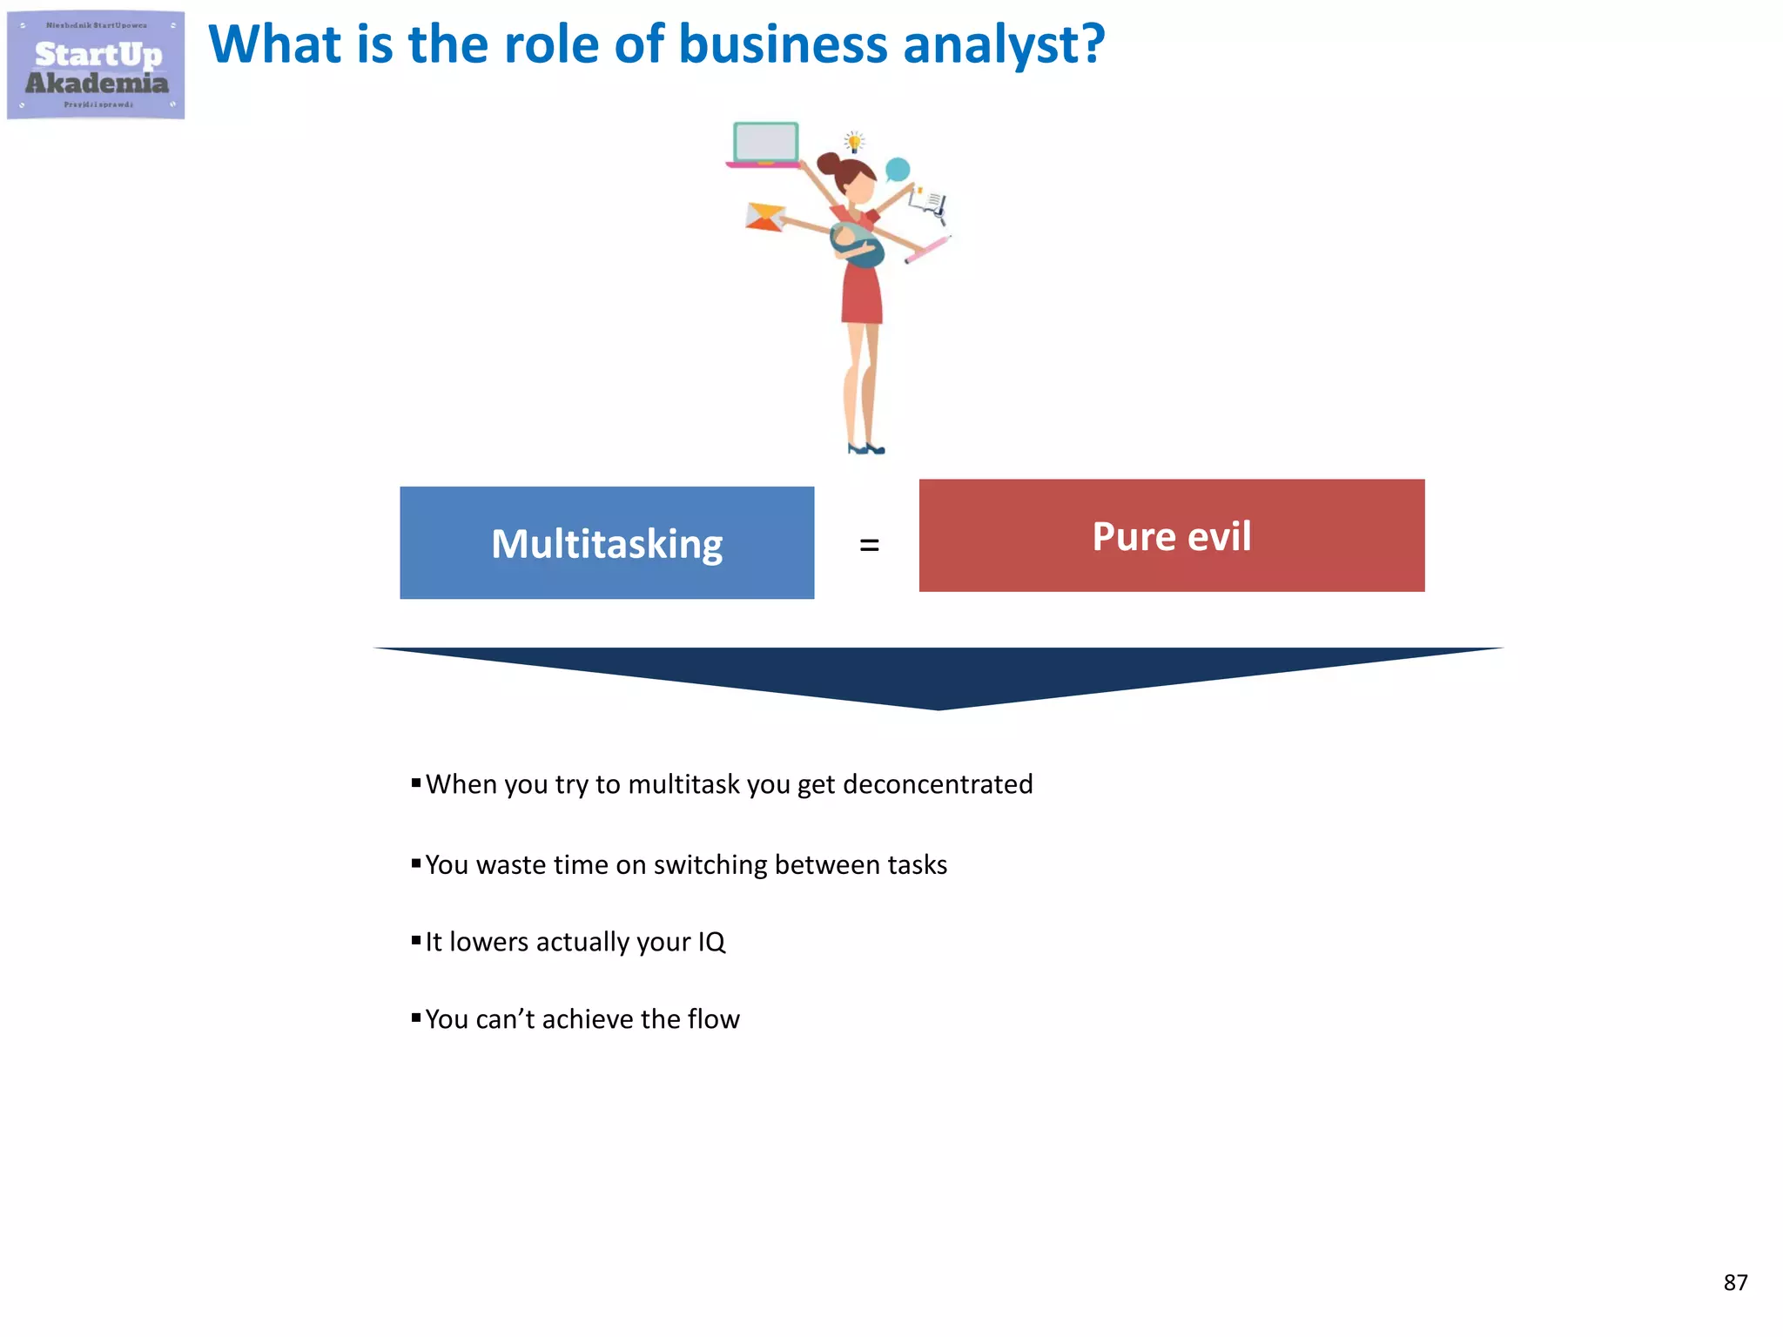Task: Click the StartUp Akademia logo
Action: click(x=96, y=65)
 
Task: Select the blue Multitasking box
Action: click(x=607, y=543)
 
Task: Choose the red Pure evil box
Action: click(x=1171, y=535)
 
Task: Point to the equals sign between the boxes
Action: click(x=869, y=546)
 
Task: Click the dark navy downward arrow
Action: click(x=938, y=675)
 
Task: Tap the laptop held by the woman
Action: click(x=765, y=144)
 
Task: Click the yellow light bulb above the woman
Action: click(x=855, y=142)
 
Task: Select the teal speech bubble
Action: click(x=898, y=170)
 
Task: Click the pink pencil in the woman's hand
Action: click(x=928, y=249)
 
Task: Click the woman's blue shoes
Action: click(x=866, y=449)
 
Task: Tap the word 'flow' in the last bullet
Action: click(x=713, y=1019)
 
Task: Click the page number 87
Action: click(x=1735, y=1282)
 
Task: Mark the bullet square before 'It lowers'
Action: click(x=416, y=940)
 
